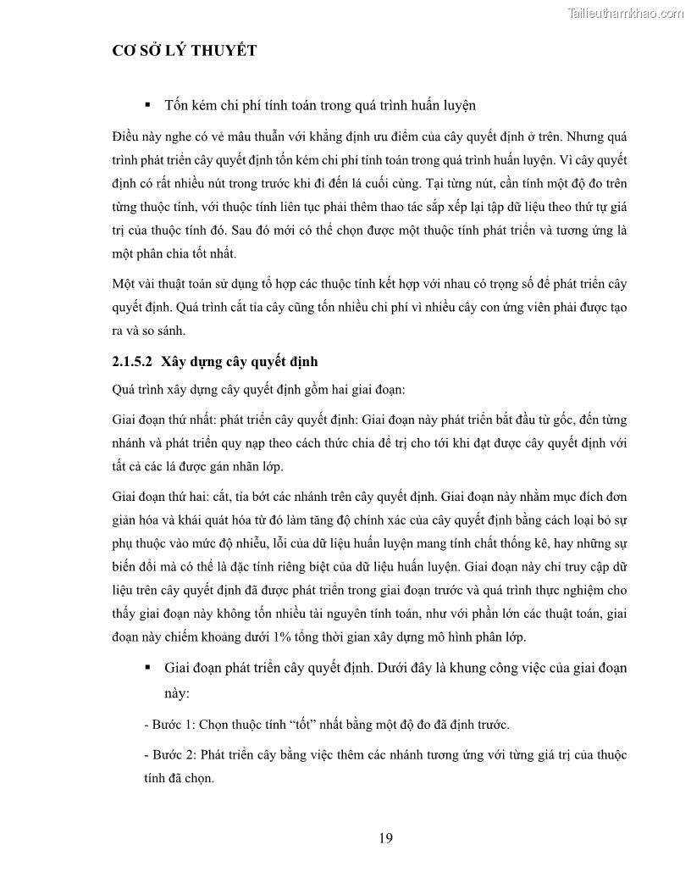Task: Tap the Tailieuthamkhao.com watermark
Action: (x=624, y=13)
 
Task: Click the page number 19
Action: (x=385, y=839)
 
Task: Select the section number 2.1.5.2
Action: (x=131, y=361)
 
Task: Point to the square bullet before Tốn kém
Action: (x=147, y=105)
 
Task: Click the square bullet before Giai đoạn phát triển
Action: (x=147, y=668)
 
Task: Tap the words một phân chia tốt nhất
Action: (x=175, y=253)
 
